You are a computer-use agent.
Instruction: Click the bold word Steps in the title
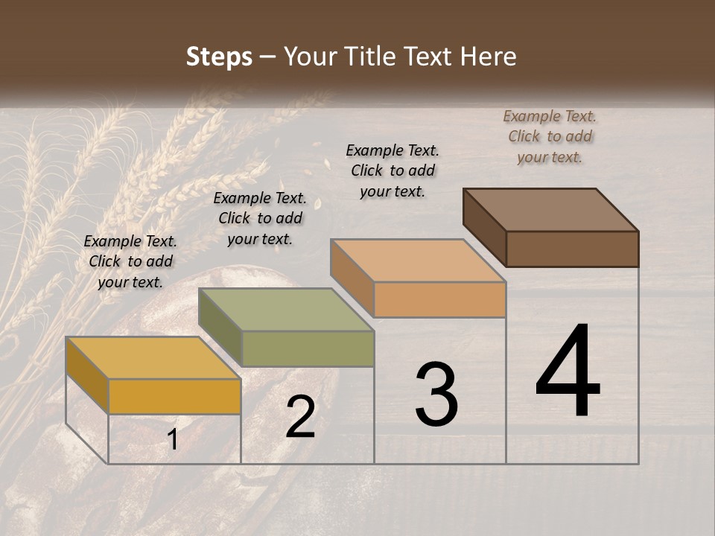219,57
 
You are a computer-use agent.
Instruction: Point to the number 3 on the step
436,395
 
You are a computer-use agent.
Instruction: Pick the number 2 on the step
300,417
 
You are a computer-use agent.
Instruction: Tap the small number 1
173,440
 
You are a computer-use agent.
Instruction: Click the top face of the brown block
551,210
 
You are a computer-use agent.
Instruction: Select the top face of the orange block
419,261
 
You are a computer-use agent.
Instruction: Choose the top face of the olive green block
286,310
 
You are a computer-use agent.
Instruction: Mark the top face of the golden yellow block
153,358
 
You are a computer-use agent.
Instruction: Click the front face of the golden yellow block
174,396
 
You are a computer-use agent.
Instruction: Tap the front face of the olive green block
308,348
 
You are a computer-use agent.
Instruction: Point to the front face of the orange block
439,299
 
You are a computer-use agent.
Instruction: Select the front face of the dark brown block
572,249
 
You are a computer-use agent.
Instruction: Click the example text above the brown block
550,136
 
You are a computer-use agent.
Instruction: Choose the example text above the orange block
393,170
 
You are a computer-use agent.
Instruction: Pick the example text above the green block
260,218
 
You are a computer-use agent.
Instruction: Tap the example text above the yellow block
130,261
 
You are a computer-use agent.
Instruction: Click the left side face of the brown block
484,227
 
